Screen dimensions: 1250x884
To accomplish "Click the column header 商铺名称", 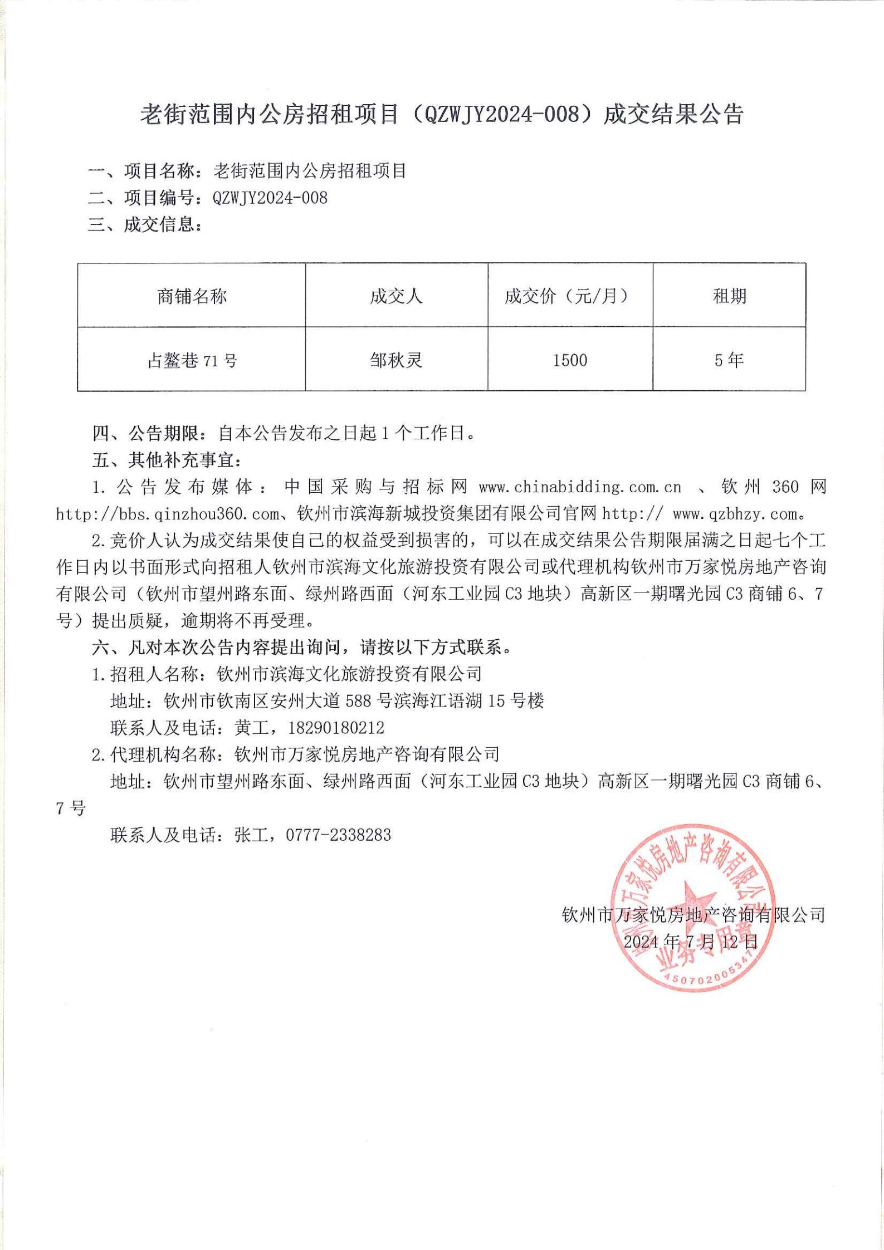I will coord(192,296).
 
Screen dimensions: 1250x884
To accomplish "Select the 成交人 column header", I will coord(396,296).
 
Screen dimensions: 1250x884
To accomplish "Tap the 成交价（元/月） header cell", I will coord(569,296).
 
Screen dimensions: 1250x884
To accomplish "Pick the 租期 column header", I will coord(729,296).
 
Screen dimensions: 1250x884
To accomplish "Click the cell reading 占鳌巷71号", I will coord(192,361).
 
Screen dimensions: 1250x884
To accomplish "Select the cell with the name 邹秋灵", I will coord(396,361).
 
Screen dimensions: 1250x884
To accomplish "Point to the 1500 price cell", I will coord(570,361).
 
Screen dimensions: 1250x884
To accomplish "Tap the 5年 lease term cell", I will coord(729,361).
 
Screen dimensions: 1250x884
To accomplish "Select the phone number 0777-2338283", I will coord(339,835).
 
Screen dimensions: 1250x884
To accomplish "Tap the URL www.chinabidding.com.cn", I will coord(580,487).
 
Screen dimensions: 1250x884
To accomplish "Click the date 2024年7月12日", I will coord(691,942).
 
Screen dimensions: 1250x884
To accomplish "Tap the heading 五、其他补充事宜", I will coord(167,460).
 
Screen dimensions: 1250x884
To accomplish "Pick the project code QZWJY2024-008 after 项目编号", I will coord(270,198).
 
